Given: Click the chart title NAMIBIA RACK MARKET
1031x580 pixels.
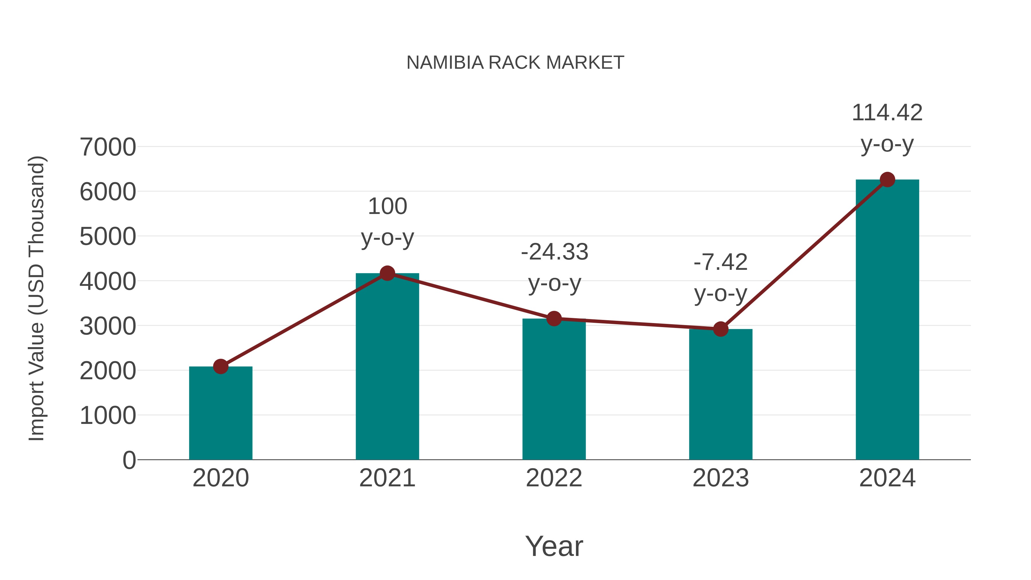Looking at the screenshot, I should tap(515, 63).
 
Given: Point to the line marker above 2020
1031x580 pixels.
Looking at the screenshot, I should tap(221, 366).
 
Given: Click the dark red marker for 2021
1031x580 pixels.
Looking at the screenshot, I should tap(387, 274).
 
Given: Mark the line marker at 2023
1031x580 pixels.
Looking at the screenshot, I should tap(721, 329).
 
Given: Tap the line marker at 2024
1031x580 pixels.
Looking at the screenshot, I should tap(887, 180).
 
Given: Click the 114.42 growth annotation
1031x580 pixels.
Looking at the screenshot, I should tap(887, 113).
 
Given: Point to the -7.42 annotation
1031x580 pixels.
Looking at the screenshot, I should tap(721, 263).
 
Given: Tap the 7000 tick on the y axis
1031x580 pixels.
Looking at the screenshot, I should tap(108, 147).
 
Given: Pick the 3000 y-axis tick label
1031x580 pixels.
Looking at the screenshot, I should tap(108, 326).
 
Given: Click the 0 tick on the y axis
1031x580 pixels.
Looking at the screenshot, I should tap(129, 460).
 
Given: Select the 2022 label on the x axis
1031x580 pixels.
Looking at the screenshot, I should tap(554, 478).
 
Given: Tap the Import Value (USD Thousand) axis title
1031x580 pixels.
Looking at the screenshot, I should tap(36, 298).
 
